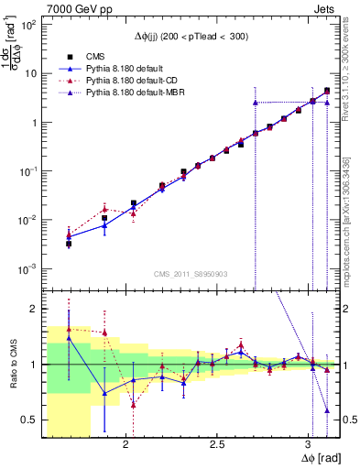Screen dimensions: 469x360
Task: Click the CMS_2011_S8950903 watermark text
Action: coord(188,274)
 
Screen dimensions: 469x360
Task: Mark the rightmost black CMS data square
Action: coord(327,91)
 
